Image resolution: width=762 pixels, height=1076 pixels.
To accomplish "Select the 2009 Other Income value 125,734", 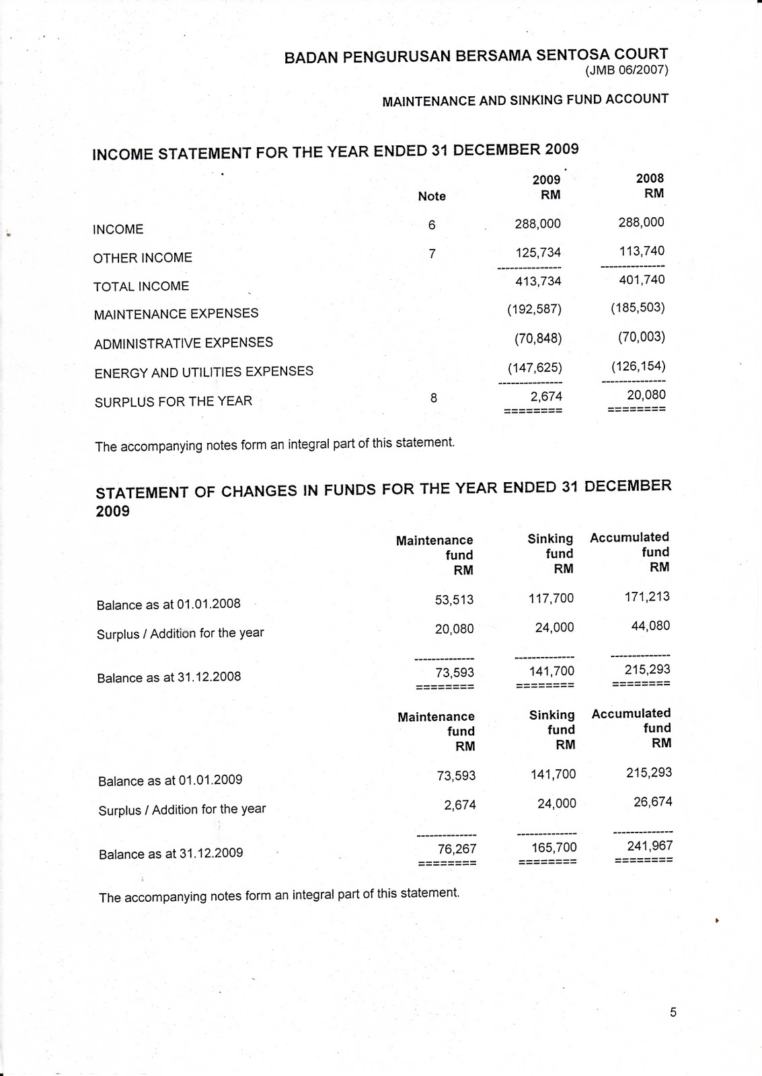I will (538, 252).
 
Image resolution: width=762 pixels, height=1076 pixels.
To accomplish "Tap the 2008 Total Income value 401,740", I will (642, 279).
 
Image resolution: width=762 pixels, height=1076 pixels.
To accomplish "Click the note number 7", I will (432, 254).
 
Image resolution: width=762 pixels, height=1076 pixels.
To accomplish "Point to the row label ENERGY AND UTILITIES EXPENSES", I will (204, 372).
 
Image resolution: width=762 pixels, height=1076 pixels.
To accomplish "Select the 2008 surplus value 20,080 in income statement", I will (646, 395).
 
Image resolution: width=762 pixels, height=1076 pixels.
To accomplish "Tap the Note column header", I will (432, 196).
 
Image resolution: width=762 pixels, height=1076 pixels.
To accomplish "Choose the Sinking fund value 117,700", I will (551, 598).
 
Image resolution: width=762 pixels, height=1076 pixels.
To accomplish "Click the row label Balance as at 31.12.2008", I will (169, 677).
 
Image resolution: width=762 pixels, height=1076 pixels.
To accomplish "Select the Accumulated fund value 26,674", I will (652, 802).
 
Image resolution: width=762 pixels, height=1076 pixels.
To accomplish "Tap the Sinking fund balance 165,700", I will (554, 847).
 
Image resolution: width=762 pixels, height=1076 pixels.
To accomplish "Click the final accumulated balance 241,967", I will (650, 845).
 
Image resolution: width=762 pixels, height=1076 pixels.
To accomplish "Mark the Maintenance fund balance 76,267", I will (457, 849).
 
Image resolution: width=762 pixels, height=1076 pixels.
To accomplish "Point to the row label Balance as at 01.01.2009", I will (170, 781).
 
